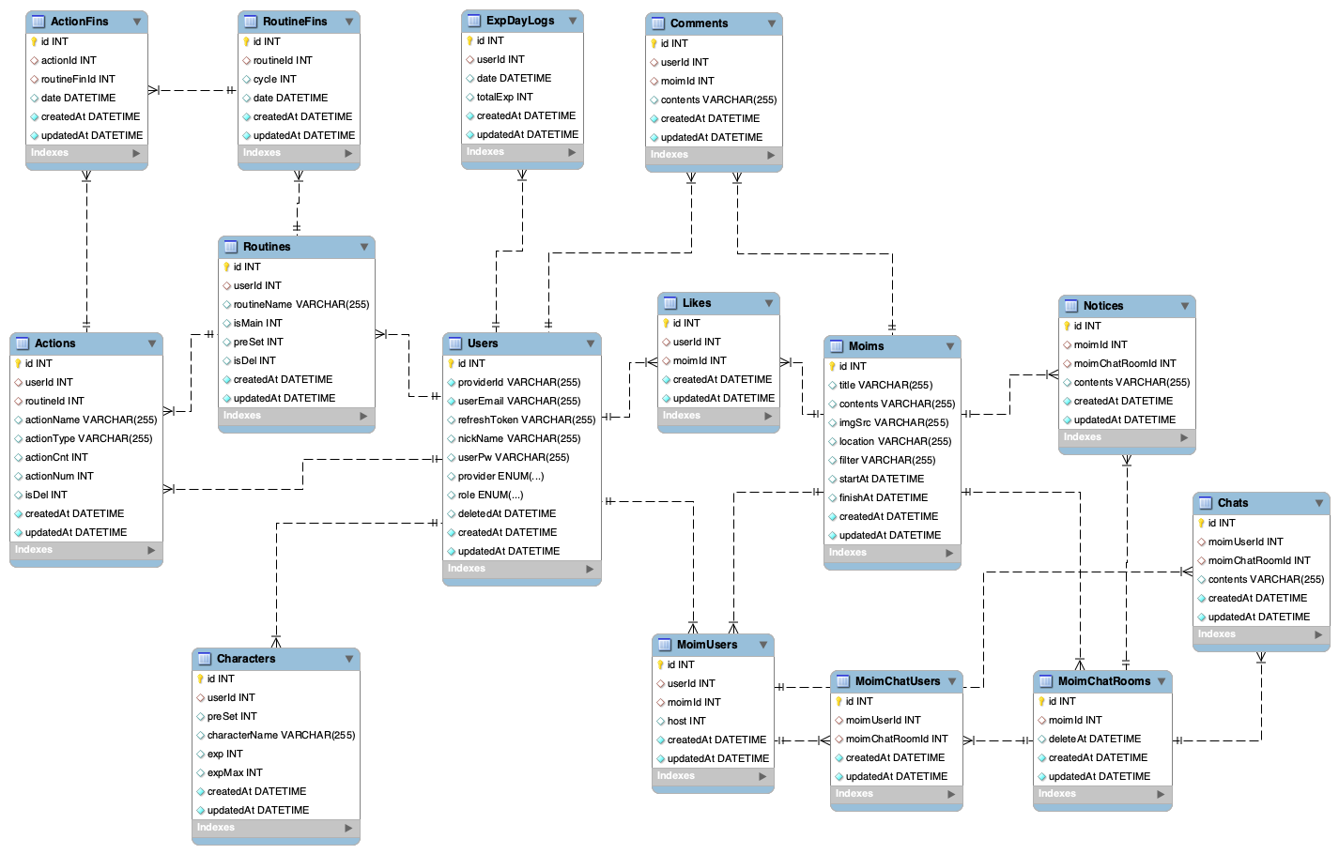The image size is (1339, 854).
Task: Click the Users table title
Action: click(483, 343)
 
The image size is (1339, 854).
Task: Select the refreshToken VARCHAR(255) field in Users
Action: click(526, 419)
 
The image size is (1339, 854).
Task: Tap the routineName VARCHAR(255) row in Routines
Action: click(300, 304)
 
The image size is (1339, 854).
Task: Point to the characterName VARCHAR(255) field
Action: click(281, 735)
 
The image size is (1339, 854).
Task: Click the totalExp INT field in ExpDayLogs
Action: click(504, 97)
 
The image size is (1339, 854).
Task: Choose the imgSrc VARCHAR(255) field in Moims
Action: click(893, 422)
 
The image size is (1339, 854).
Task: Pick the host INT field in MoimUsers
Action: click(685, 721)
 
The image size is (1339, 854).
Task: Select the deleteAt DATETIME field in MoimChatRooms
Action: click(1094, 739)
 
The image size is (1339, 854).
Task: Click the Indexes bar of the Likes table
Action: click(714, 416)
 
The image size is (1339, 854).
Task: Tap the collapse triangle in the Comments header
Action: click(772, 23)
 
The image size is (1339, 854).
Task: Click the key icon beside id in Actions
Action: click(18, 363)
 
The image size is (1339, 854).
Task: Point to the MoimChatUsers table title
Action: click(897, 681)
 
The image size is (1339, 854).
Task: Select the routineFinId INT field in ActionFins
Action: click(78, 79)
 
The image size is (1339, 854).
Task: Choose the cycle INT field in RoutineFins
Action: click(274, 79)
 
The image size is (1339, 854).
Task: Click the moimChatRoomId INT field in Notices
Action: click(1124, 363)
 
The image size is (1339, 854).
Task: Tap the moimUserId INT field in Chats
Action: click(1245, 541)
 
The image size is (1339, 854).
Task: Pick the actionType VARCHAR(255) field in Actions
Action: click(88, 438)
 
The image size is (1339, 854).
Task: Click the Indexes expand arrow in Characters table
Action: click(348, 828)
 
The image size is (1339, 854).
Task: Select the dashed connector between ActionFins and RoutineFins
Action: click(192, 90)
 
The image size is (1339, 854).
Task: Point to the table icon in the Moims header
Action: click(836, 346)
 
